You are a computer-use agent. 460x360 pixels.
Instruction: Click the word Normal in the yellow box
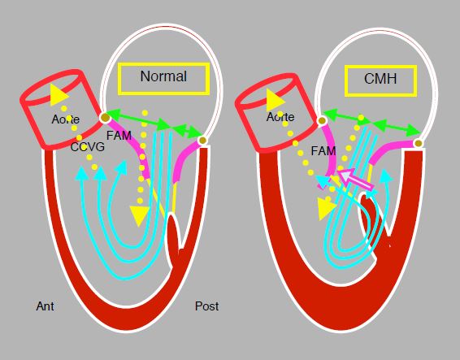click(x=163, y=76)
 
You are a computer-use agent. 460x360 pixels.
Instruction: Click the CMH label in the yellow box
click(x=380, y=79)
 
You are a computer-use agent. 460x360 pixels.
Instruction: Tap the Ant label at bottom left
click(x=45, y=306)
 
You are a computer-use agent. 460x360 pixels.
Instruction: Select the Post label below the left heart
click(x=206, y=306)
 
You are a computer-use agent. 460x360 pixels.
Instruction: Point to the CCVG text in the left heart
click(x=88, y=147)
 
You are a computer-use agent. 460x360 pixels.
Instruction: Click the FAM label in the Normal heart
click(x=119, y=136)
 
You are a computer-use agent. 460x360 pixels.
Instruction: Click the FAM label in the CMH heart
click(x=323, y=151)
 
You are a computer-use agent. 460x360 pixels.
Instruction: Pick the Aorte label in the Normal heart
click(x=65, y=119)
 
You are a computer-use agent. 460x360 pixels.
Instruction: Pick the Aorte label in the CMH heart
click(x=280, y=117)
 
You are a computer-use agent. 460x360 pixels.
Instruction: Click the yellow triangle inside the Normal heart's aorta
click(x=59, y=95)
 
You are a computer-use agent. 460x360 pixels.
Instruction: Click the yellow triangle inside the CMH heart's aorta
click(x=276, y=100)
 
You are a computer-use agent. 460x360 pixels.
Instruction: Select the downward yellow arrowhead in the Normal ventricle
click(x=139, y=215)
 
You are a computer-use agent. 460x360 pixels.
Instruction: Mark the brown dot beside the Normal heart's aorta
click(x=105, y=118)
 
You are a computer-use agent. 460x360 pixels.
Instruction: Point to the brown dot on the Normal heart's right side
click(x=202, y=141)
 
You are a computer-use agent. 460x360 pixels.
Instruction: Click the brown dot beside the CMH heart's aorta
click(x=322, y=120)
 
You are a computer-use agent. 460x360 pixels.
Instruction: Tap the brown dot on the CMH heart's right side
click(x=419, y=144)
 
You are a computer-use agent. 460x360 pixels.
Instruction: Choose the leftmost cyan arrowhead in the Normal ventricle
click(x=81, y=173)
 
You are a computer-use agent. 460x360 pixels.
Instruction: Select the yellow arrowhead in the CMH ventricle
click(x=326, y=208)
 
